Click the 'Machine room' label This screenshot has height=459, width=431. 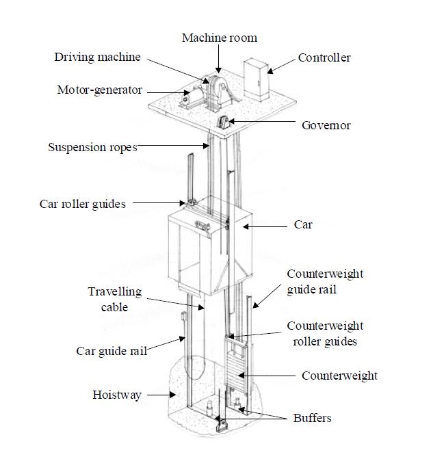point(219,37)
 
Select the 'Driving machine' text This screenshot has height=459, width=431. point(97,57)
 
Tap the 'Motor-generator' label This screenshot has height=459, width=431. point(99,90)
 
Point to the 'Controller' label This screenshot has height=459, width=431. point(324,57)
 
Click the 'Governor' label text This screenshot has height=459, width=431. point(326,125)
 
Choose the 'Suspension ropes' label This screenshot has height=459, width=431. point(92,147)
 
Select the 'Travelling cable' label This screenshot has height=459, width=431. point(114,300)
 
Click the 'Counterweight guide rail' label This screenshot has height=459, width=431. point(325,282)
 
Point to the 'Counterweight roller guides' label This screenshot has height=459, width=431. point(324,333)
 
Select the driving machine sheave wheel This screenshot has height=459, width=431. point(216,88)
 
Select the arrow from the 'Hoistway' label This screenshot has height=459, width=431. point(158,395)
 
